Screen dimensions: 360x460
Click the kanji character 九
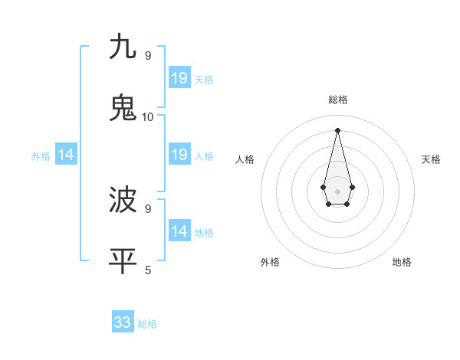pyautogui.click(x=123, y=47)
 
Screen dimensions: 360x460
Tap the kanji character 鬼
pyautogui.click(x=123, y=107)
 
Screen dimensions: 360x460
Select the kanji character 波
pyautogui.click(x=123, y=200)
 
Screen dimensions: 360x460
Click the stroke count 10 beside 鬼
pyautogui.click(x=148, y=116)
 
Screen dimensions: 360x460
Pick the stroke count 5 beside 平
pyautogui.click(x=148, y=270)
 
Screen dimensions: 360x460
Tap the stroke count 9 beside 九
pyautogui.click(x=148, y=56)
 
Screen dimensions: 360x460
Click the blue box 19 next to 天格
pyautogui.click(x=179, y=77)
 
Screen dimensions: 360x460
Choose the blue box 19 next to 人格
pyautogui.click(x=179, y=155)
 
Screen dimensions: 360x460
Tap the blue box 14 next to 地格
pyautogui.click(x=179, y=231)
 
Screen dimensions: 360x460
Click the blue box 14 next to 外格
pyautogui.click(x=66, y=155)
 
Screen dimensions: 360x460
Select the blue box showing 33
pyautogui.click(x=123, y=322)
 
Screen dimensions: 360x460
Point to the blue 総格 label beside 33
pyautogui.click(x=147, y=324)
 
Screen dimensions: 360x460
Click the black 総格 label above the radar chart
pyautogui.click(x=337, y=100)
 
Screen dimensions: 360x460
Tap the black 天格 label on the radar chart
pyautogui.click(x=431, y=159)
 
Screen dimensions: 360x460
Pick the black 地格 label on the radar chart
pyautogui.click(x=402, y=262)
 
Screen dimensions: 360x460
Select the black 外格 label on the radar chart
pyautogui.click(x=270, y=262)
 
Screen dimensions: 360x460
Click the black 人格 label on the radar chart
pyautogui.click(x=245, y=159)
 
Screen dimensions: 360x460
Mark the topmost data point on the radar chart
pyautogui.click(x=337, y=130)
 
